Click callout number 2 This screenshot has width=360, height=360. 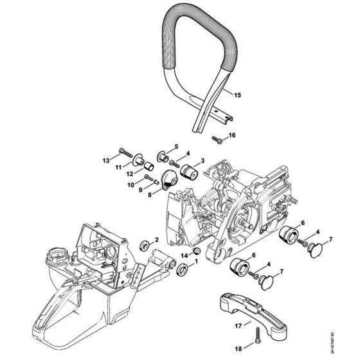click(x=156, y=240)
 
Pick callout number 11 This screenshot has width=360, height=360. click(x=118, y=167)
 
